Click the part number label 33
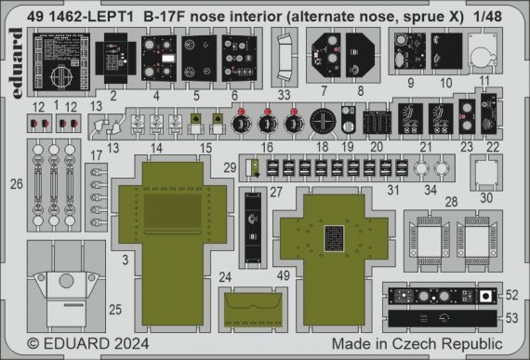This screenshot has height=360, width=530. [x=285, y=94]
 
